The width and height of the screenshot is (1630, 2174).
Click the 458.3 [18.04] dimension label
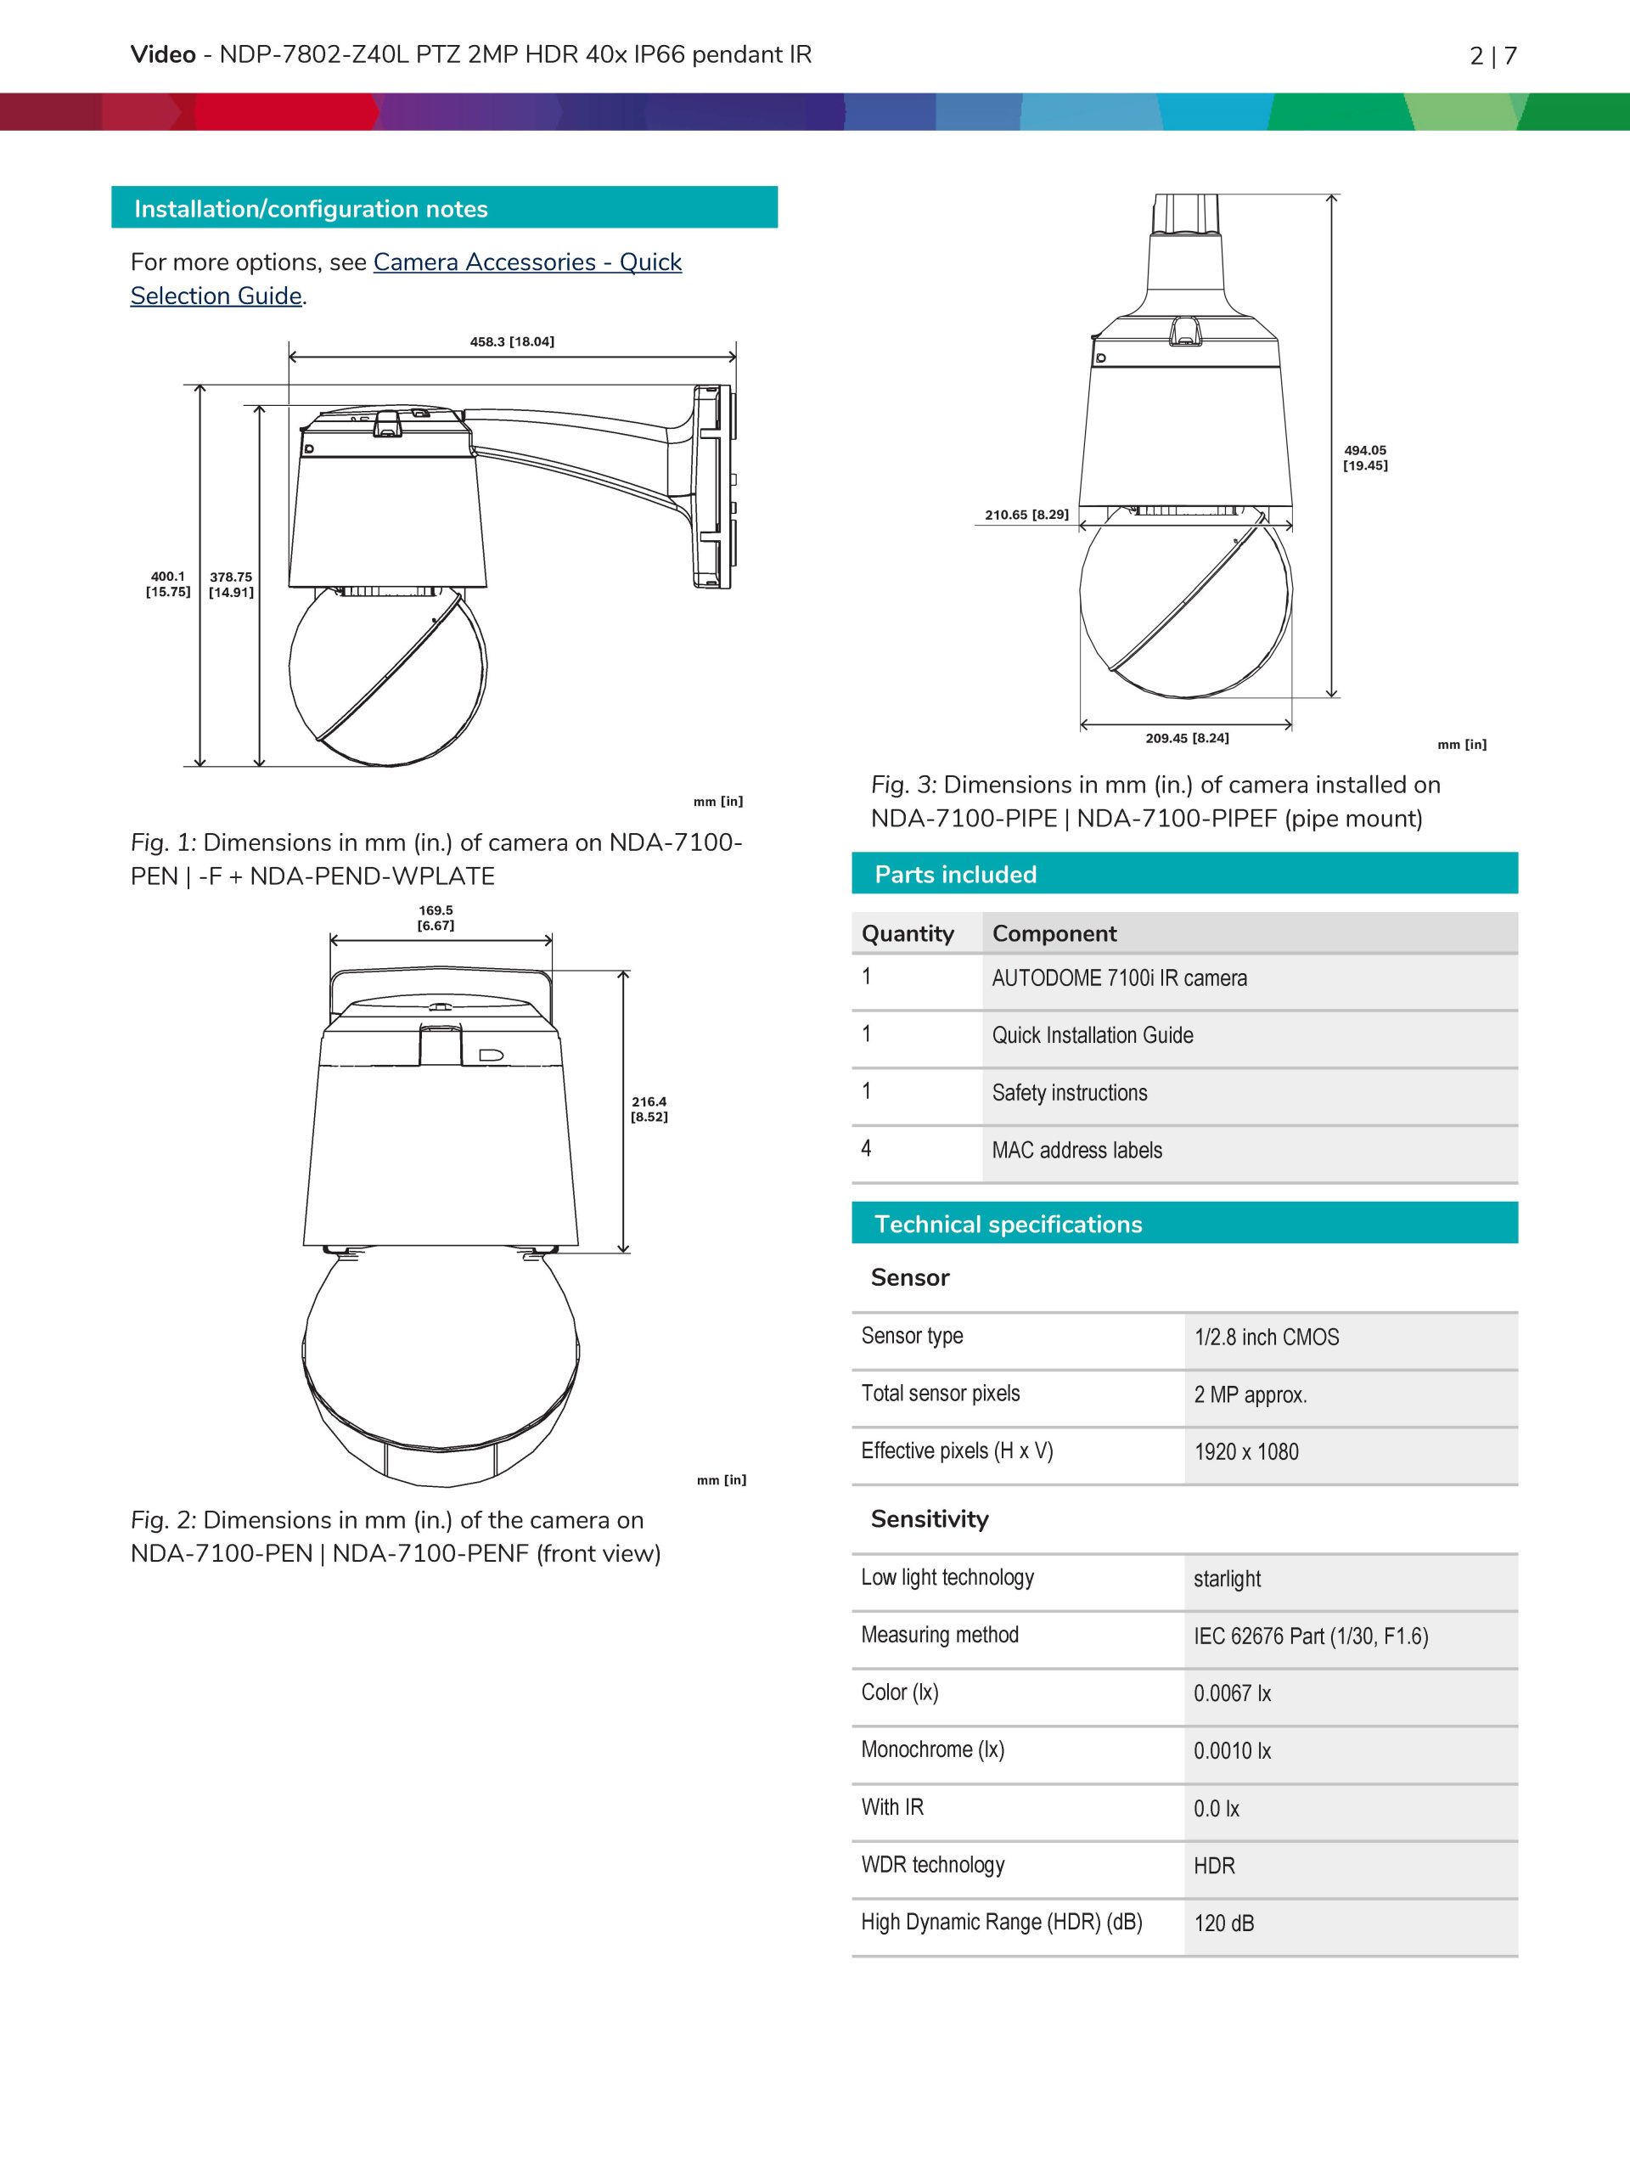click(x=511, y=342)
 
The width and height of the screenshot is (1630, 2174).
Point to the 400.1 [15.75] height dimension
click(x=168, y=583)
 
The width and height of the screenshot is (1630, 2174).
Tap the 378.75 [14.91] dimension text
click(x=231, y=583)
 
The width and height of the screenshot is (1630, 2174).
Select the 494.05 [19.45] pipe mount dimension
click(x=1365, y=458)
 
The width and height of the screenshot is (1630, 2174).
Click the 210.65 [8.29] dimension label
click(x=1026, y=514)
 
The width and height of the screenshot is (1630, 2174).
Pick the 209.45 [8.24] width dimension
click(x=1186, y=738)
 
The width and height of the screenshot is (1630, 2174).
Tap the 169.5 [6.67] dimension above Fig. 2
click(x=436, y=917)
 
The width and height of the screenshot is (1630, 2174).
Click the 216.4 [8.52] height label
click(x=649, y=1108)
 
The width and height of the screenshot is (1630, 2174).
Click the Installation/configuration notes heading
click(x=311, y=208)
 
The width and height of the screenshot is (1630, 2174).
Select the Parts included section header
click(x=955, y=874)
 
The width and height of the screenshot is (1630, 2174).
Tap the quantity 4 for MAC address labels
click(x=866, y=1148)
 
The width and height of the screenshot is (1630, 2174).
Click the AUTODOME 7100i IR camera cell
click(x=1118, y=978)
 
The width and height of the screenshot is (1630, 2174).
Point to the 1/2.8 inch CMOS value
click(x=1266, y=1337)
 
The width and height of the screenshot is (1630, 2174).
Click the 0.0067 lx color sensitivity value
click(x=1231, y=1693)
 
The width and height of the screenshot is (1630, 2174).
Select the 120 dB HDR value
click(x=1223, y=1923)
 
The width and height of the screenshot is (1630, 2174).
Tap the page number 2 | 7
click(x=1492, y=56)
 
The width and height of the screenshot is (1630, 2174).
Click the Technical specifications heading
click(x=1007, y=1224)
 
